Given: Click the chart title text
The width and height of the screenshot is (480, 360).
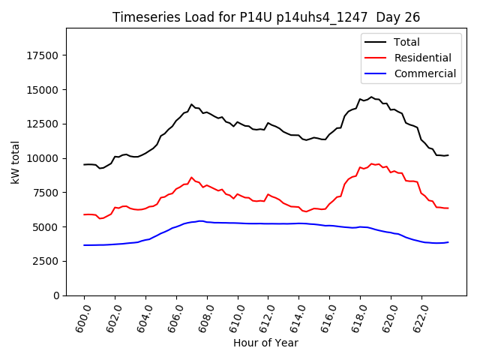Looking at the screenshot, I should [266, 17].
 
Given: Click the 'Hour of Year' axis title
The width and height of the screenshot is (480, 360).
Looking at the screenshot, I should [265, 343].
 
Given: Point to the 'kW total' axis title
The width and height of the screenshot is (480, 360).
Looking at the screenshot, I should [15, 162].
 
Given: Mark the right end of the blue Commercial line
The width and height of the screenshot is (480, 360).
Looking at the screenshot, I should [448, 242].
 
